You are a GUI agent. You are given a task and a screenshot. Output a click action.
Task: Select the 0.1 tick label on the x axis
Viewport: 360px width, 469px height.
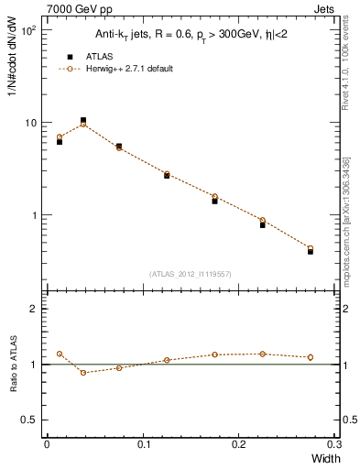(143, 444)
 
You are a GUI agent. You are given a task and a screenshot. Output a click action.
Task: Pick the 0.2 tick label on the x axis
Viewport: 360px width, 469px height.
(240, 444)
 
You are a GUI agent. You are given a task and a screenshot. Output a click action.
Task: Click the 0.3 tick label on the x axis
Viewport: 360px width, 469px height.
(335, 444)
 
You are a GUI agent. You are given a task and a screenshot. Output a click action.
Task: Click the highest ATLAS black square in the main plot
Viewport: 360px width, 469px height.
(83, 120)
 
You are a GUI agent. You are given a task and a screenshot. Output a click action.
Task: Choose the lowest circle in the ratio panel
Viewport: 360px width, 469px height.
(83, 372)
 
